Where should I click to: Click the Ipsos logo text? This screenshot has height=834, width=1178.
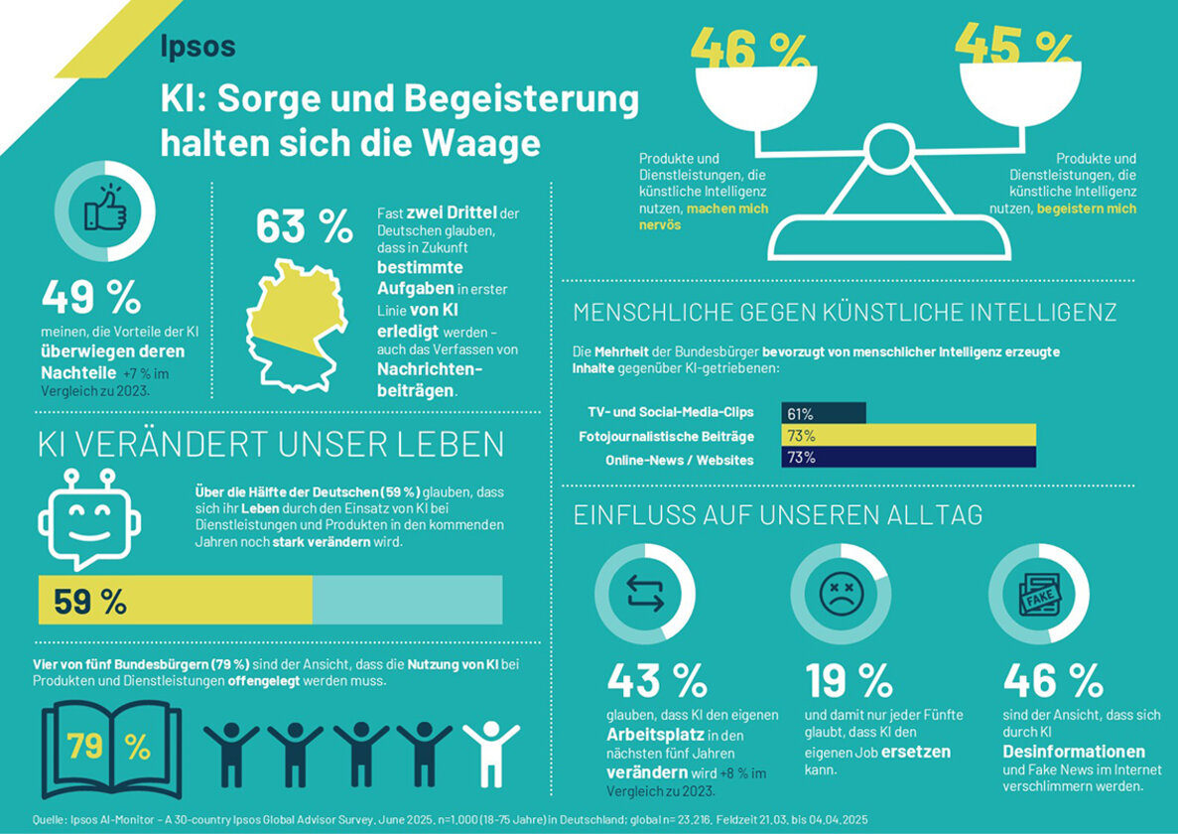coord(197,46)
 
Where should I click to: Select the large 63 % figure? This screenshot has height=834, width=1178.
coord(304,226)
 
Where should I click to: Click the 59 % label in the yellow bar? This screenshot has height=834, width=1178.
coord(90,601)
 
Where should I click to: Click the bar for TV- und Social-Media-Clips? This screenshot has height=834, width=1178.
coord(824,413)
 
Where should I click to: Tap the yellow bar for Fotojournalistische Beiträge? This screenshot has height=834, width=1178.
coord(908,435)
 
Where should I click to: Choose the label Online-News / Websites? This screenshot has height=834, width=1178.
coord(679,459)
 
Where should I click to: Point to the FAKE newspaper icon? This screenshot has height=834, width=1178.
coord(1038,594)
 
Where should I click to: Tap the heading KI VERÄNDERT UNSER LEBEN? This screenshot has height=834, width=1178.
coord(271,445)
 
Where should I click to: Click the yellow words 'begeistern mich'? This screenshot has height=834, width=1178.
coord(1087,209)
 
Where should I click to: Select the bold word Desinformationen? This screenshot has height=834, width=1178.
coord(1074,751)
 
